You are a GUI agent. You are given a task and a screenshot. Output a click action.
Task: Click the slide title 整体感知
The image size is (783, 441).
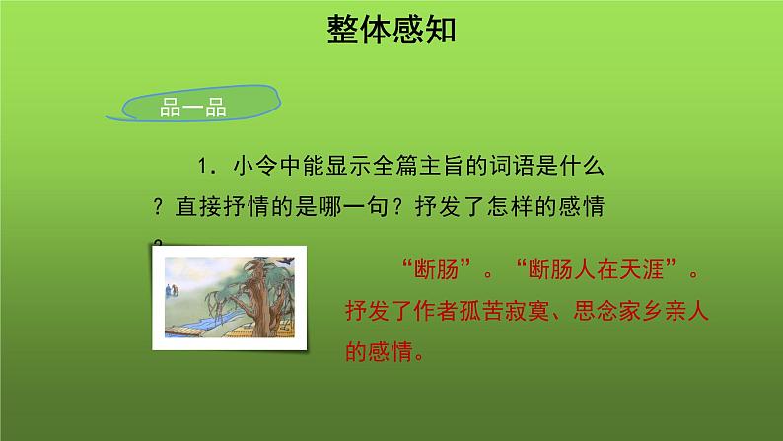[391, 31]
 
